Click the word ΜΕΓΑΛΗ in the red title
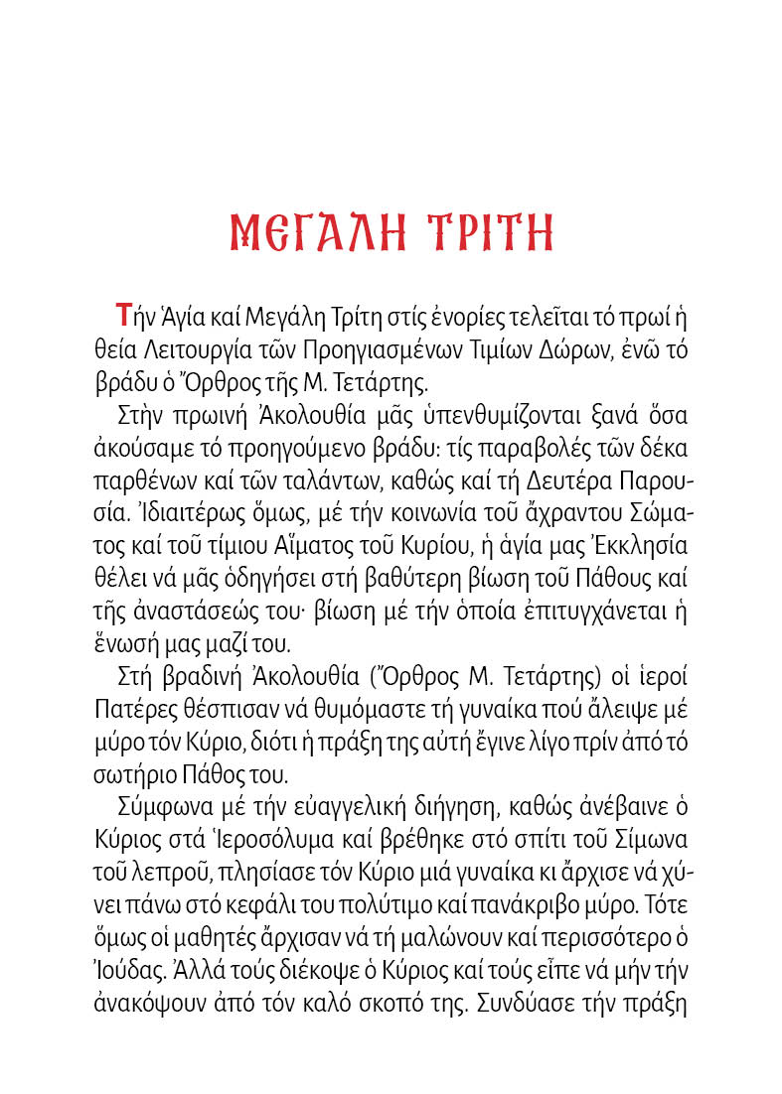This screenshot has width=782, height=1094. (x=314, y=233)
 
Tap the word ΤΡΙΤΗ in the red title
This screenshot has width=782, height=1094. (x=489, y=233)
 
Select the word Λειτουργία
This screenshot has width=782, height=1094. (x=200, y=350)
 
